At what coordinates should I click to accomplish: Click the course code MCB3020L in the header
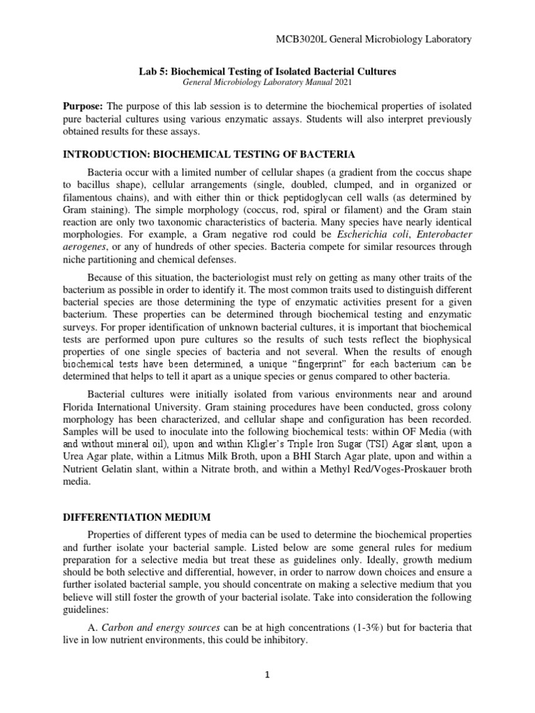[x=302, y=40]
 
